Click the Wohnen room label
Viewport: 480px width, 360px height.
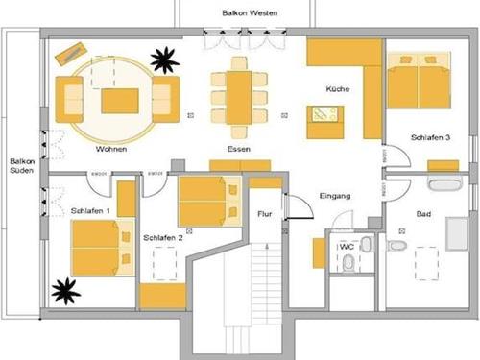pyautogui.click(x=111, y=150)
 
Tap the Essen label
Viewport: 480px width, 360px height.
pyautogui.click(x=239, y=150)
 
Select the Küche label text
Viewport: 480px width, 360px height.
pyautogui.click(x=337, y=89)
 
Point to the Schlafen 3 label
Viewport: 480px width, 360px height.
pyautogui.click(x=430, y=138)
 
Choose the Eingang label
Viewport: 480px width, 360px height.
pyautogui.click(x=336, y=197)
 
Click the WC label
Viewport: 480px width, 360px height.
pyautogui.click(x=347, y=246)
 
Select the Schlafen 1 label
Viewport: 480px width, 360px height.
pyautogui.click(x=90, y=209)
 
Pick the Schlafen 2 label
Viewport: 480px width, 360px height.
pyautogui.click(x=162, y=236)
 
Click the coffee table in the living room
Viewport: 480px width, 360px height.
pyautogui.click(x=119, y=100)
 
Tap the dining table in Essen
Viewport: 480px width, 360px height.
pyautogui.click(x=239, y=95)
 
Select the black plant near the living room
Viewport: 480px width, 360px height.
pyautogui.click(x=164, y=60)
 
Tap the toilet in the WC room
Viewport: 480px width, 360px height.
pyautogui.click(x=366, y=244)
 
